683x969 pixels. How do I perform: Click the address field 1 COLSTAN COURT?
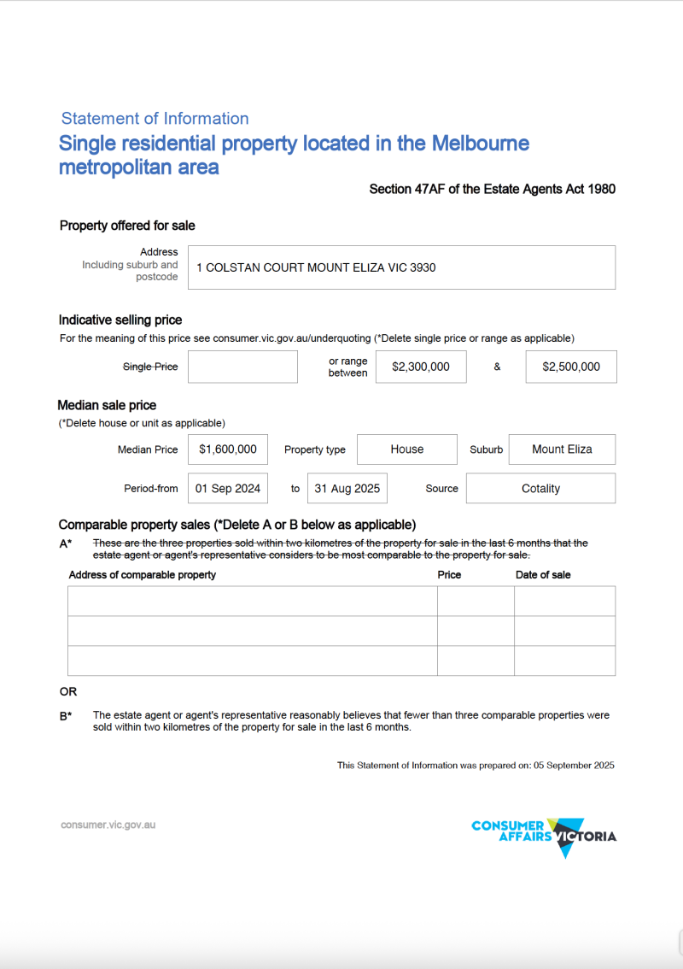[x=401, y=267]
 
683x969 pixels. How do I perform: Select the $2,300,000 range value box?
[x=421, y=367]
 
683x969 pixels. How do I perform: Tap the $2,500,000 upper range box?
[x=571, y=367]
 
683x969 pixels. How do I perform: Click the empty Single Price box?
[x=242, y=367]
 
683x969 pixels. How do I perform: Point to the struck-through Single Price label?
[x=150, y=367]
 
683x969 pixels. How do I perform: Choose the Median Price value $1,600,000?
[x=228, y=449]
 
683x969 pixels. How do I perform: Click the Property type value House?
[x=407, y=449]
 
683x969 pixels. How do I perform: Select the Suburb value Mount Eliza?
[x=562, y=449]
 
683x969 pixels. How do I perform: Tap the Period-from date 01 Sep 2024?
[x=228, y=489]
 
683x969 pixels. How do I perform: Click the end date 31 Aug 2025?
[x=347, y=489]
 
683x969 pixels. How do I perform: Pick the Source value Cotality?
[x=540, y=489]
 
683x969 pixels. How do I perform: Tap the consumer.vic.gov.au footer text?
[x=108, y=825]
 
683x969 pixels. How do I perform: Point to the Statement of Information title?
[x=155, y=119]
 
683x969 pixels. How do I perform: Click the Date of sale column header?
[x=543, y=575]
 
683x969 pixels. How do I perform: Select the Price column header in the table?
[x=449, y=575]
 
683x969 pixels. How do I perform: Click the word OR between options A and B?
[x=67, y=691]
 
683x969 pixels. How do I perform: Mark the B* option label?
[x=66, y=716]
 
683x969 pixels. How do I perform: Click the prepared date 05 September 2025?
[x=574, y=766]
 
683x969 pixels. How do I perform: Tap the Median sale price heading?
[x=107, y=405]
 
